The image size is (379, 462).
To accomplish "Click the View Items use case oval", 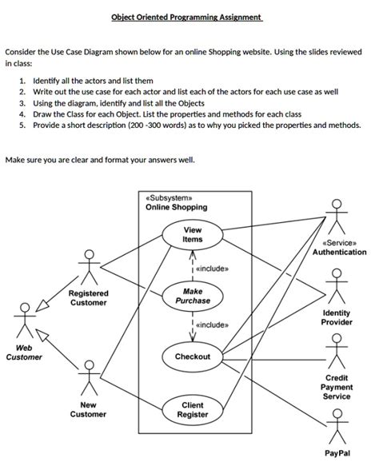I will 193,234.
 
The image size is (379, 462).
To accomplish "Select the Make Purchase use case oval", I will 192,296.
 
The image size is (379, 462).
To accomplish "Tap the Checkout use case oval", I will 193,356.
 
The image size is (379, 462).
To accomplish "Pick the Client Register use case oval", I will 193,410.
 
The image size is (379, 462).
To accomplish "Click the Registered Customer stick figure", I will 88,267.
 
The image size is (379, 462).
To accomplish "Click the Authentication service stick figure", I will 339,216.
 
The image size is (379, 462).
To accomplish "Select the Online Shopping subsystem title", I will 176,207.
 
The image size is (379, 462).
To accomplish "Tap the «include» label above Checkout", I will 213,325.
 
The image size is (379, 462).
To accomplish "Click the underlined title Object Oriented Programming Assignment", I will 187,18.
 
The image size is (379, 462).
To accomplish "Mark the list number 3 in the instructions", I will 23,104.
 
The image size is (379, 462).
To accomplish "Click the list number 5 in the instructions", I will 23,126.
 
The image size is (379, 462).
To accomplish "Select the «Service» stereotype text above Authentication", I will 339,242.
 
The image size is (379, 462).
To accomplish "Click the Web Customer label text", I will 25,352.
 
